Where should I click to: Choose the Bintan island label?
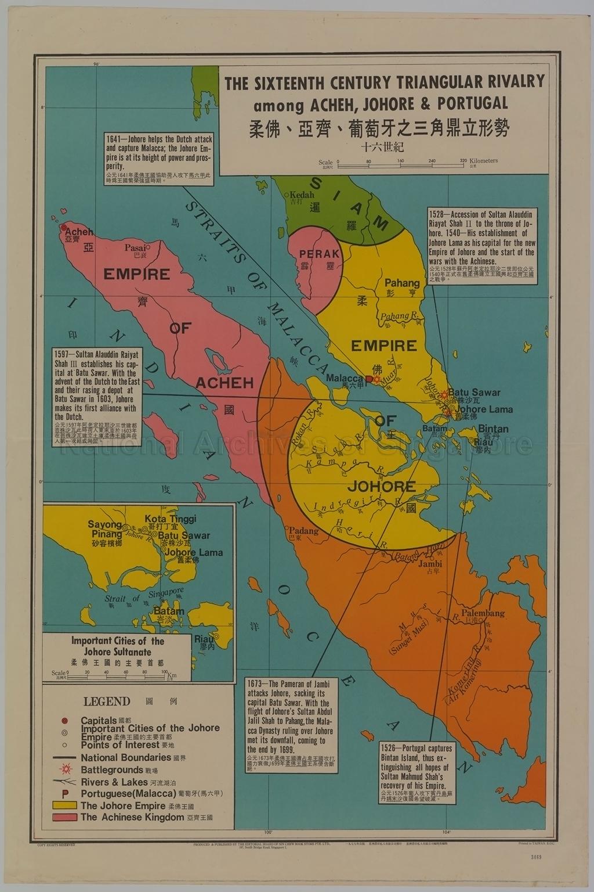(x=493, y=429)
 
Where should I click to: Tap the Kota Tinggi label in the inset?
(x=171, y=519)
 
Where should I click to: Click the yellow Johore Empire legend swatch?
(x=64, y=805)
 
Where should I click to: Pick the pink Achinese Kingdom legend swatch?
(x=64, y=817)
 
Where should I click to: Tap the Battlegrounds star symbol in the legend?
(x=65, y=769)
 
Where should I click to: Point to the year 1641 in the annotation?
(x=115, y=139)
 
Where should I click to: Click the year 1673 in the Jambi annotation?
(x=256, y=684)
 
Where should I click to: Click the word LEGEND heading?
(x=107, y=701)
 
